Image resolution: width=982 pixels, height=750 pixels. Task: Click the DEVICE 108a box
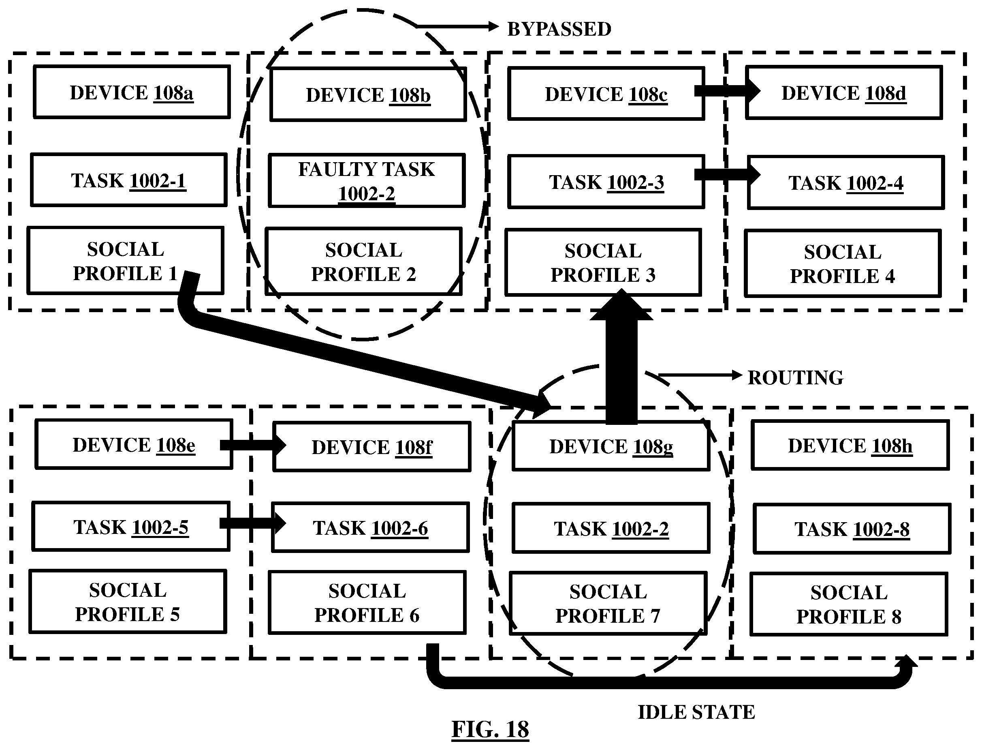[132, 92]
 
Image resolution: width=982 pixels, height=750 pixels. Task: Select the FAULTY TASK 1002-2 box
[367, 181]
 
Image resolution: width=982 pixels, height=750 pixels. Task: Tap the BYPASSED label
[559, 29]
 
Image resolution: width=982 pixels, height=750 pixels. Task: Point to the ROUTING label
[796, 378]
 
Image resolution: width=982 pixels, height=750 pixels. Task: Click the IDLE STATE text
[696, 712]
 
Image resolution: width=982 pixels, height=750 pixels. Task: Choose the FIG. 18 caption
[490, 729]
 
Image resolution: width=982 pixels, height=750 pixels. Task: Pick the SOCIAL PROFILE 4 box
[843, 264]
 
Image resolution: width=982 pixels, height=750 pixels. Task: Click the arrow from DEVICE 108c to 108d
[727, 91]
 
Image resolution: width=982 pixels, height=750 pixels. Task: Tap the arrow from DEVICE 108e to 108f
[253, 445]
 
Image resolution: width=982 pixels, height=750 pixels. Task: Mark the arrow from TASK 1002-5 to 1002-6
[253, 523]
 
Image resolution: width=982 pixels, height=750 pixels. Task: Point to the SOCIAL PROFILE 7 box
[608, 604]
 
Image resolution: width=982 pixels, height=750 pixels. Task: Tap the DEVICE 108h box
[850, 446]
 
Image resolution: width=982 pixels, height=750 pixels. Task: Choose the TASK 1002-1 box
[129, 180]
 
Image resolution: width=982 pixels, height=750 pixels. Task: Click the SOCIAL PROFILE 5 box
[128, 602]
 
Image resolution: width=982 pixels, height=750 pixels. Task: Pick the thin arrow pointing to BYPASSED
[457, 27]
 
